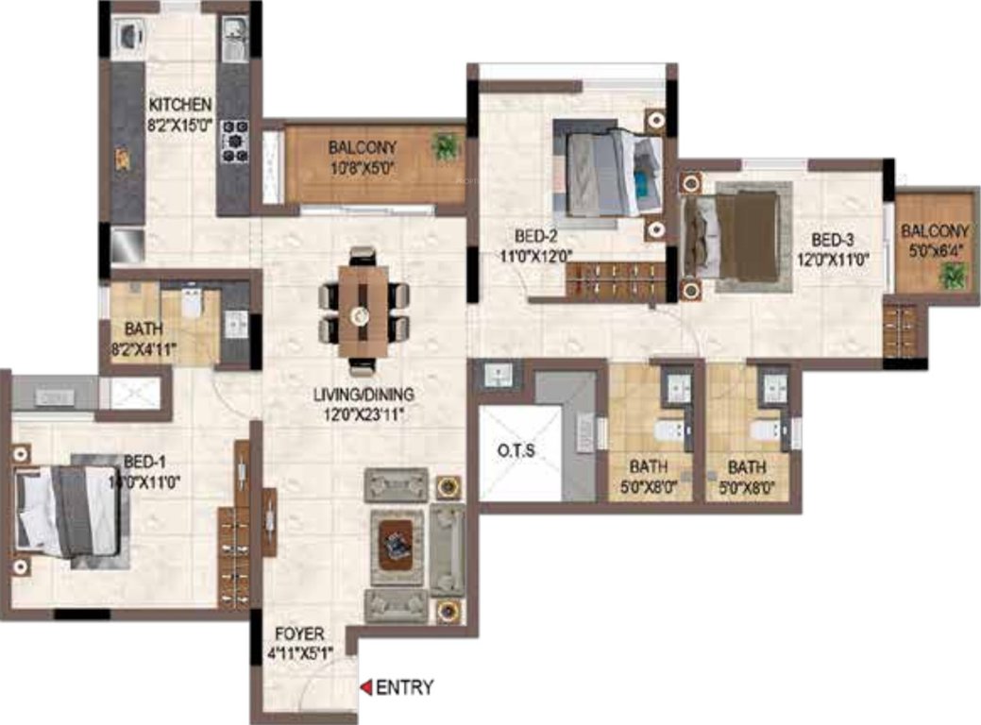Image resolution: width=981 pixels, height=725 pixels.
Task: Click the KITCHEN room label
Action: click(x=179, y=104)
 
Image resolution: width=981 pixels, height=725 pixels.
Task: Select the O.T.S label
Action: click(x=517, y=450)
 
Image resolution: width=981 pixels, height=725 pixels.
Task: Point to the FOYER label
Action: click(x=300, y=633)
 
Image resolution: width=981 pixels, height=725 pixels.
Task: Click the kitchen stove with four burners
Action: click(x=234, y=142)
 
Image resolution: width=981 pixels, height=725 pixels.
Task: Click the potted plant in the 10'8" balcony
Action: click(x=444, y=145)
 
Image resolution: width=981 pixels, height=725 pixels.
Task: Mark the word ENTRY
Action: click(x=405, y=687)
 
